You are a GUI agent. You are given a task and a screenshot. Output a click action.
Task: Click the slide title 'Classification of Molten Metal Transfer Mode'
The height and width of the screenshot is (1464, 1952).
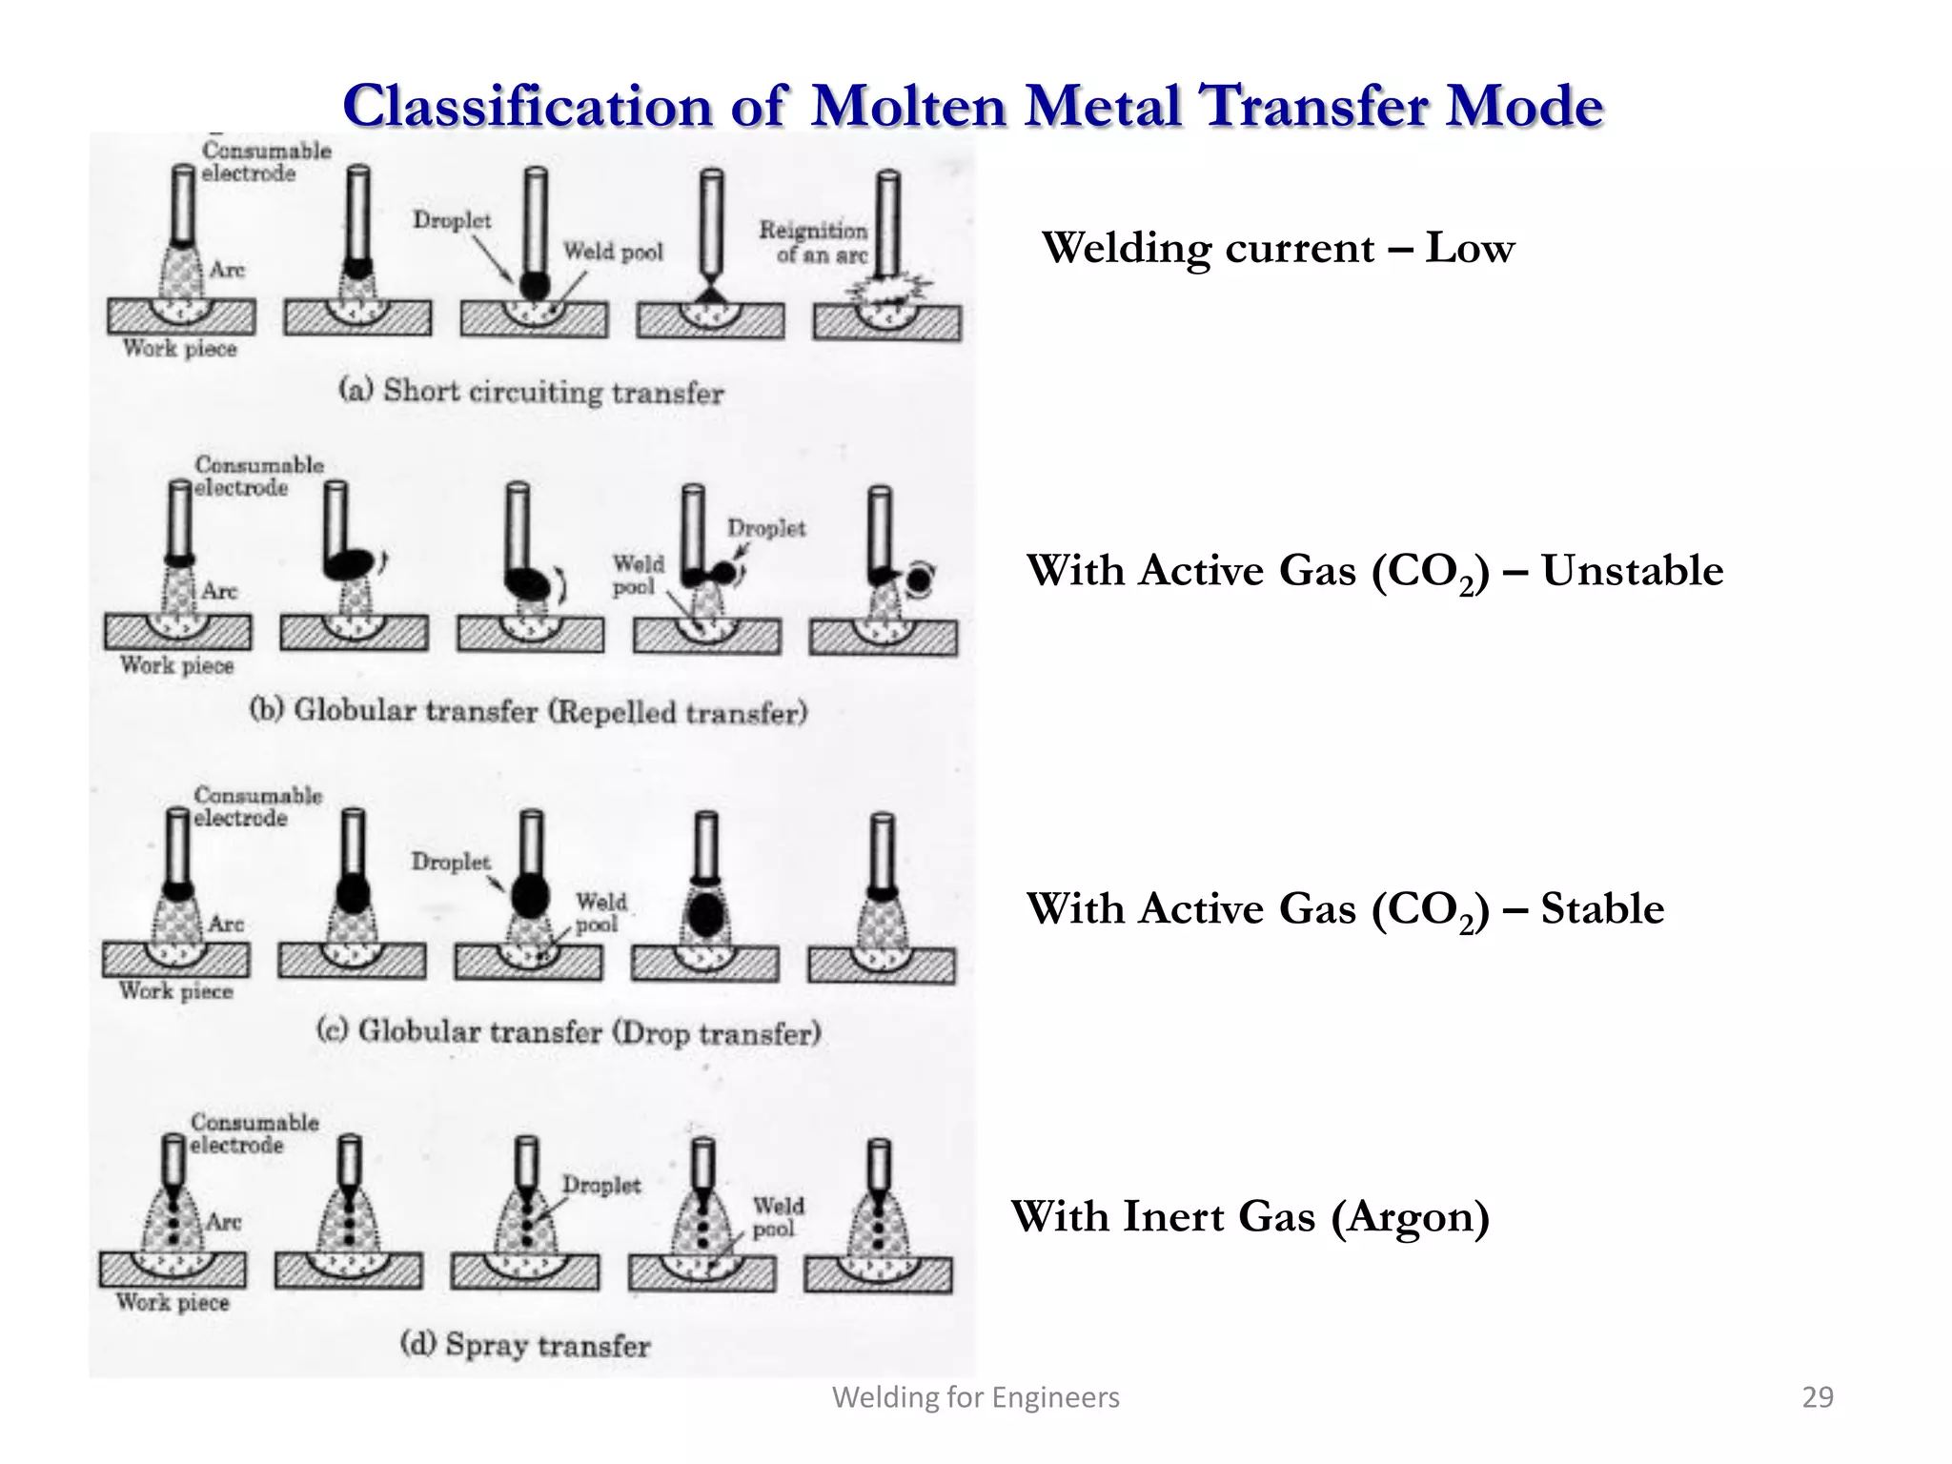tap(972, 105)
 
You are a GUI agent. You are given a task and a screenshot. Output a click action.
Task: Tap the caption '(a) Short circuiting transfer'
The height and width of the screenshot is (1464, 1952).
tap(532, 391)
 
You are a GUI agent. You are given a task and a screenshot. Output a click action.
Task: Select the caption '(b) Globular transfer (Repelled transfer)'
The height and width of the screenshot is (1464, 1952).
tap(528, 711)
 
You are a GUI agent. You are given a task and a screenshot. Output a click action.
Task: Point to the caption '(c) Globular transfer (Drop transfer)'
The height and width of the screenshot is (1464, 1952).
tap(569, 1032)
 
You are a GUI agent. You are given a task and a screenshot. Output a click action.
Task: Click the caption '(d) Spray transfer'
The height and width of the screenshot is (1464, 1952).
tap(525, 1345)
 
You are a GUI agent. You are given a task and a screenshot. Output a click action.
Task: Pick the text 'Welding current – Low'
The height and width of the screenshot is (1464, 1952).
tap(1277, 248)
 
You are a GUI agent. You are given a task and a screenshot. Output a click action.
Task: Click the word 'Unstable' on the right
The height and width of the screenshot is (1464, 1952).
tap(1632, 571)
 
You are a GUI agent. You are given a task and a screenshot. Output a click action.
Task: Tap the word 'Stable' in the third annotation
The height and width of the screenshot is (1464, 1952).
tap(1602, 908)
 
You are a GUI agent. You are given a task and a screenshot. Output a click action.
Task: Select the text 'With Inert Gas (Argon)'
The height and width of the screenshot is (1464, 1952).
tap(1250, 1216)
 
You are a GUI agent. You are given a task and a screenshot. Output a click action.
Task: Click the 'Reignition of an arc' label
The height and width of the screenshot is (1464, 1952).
tap(813, 242)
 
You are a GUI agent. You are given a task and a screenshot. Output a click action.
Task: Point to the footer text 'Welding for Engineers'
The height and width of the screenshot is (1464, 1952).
tap(976, 1397)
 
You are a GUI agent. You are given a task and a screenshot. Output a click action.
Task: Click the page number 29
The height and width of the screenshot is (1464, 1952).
tap(1818, 1397)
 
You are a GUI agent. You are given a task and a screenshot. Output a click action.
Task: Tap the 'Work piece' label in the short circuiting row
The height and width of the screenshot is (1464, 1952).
tap(179, 349)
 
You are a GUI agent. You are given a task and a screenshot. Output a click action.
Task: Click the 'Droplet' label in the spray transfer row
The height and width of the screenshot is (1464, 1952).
tap(601, 1185)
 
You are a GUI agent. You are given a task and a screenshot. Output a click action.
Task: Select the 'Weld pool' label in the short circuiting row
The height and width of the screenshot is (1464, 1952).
tap(613, 252)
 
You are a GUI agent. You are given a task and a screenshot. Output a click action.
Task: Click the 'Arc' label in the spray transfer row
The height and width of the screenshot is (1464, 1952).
tap(224, 1222)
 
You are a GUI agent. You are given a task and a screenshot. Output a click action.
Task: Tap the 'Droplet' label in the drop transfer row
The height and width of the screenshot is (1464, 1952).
tap(451, 862)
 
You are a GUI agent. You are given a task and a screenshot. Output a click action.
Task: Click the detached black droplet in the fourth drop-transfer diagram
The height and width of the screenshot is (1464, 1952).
tap(706, 915)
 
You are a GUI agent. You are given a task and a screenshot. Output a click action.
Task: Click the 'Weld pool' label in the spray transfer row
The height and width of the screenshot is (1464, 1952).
tap(778, 1217)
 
